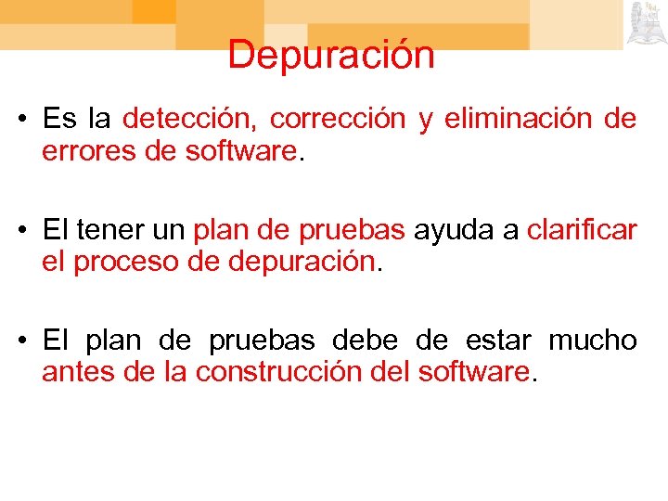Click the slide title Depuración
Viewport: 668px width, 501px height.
point(331,56)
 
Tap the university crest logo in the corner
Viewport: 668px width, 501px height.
point(646,23)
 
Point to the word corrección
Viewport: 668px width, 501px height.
point(338,120)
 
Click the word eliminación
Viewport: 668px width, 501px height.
point(517,120)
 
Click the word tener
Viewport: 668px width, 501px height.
point(115,230)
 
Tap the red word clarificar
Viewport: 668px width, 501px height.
point(581,230)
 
